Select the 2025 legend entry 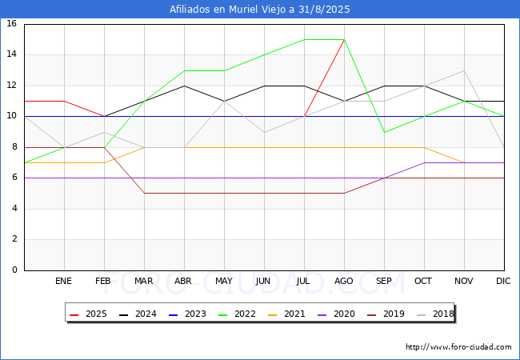88,314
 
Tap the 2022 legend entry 237,314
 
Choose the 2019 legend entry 386,314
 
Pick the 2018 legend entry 435,314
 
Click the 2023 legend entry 187,314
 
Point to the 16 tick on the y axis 12,23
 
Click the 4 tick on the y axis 14,209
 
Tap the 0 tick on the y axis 14,270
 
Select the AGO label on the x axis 343,281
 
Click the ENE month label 63,281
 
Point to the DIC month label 503,281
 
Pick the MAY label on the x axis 224,281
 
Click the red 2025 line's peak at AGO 344,40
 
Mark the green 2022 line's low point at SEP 384,132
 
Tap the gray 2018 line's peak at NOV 464,70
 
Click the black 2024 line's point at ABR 184,86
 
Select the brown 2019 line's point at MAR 144,193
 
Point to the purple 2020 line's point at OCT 425,162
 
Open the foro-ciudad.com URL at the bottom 458,347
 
